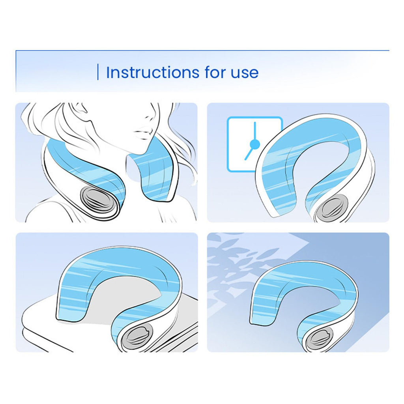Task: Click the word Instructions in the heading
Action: click(x=153, y=73)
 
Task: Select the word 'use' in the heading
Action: click(x=245, y=73)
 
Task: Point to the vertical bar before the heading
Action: click(x=98, y=72)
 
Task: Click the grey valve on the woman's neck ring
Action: click(x=95, y=200)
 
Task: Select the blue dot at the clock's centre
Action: click(x=255, y=144)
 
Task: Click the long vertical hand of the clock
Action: click(x=255, y=131)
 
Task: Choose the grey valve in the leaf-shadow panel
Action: click(x=319, y=339)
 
